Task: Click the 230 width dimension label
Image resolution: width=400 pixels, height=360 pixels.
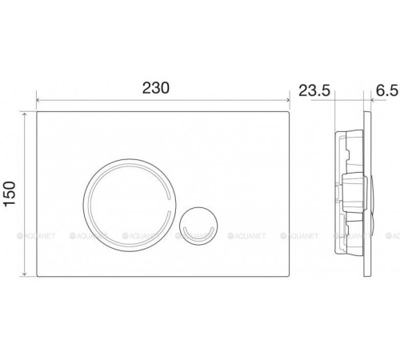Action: tap(156, 88)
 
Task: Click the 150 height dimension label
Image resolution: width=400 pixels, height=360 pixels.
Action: tap(10, 194)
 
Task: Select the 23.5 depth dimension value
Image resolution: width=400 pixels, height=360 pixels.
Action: tap(314, 90)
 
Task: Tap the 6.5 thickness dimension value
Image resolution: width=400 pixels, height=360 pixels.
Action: tap(387, 90)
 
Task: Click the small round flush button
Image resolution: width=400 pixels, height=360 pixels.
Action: tap(198, 226)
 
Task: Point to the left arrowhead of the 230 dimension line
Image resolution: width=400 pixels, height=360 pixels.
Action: tap(38, 100)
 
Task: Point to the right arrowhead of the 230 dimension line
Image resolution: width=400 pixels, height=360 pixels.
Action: tap(287, 100)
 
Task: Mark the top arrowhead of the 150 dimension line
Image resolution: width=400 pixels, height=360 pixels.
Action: tap(25, 114)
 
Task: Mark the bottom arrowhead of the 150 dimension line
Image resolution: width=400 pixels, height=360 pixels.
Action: tap(25, 274)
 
